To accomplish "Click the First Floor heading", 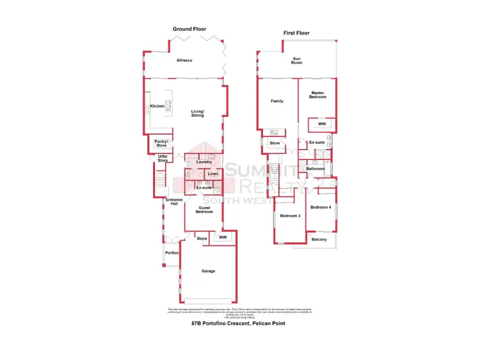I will pyautogui.click(x=297, y=32).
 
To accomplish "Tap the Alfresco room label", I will pyautogui.click(x=184, y=60).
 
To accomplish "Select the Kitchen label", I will pyautogui.click(x=157, y=106).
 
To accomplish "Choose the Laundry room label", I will pyautogui.click(x=204, y=162).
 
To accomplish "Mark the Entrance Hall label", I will pyautogui.click(x=174, y=202).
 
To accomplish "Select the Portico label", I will pyautogui.click(x=172, y=253).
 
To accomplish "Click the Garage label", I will pyautogui.click(x=208, y=270).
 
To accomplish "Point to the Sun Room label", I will pyautogui.click(x=297, y=61).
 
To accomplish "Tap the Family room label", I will pyautogui.click(x=277, y=101).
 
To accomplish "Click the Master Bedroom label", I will pyautogui.click(x=318, y=95).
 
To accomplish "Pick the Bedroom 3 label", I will pyautogui.click(x=290, y=215).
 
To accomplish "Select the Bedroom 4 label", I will pyautogui.click(x=321, y=207).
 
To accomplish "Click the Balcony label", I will pyautogui.click(x=319, y=239).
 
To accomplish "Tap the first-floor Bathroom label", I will pyautogui.click(x=316, y=168).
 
